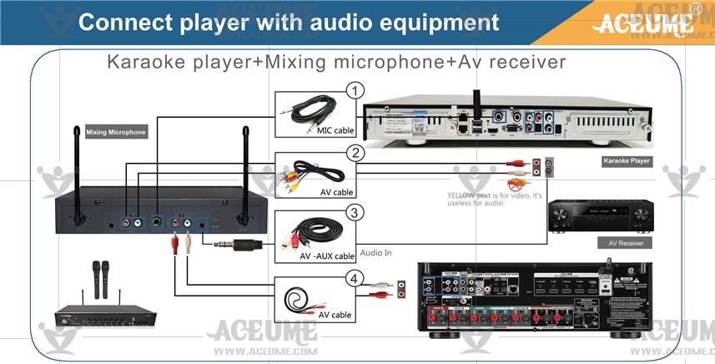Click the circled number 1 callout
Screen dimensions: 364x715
[x=355, y=90]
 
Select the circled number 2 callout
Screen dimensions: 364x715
[x=355, y=153]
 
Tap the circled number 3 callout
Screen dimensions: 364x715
[x=355, y=213]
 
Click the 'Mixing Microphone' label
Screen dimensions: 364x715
[x=116, y=132]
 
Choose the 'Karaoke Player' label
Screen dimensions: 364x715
[x=627, y=160]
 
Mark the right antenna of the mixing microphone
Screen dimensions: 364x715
[x=245, y=171]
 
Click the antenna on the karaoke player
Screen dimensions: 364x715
[x=480, y=89]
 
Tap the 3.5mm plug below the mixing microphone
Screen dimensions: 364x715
[x=238, y=245]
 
